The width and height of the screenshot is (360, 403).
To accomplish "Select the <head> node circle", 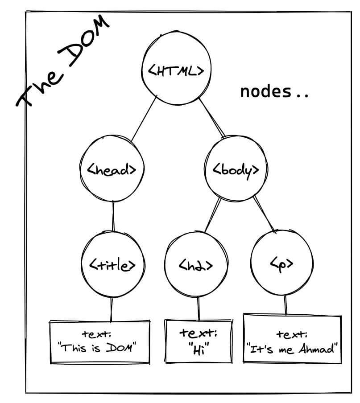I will click(112, 169).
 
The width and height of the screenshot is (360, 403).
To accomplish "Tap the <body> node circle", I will click(236, 170).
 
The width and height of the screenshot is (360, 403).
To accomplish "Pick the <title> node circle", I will click(112, 265).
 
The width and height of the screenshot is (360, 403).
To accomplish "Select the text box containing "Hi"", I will click(199, 341).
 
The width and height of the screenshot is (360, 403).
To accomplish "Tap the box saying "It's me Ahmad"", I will click(292, 341).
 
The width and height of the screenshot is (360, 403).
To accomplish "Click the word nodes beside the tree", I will click(265, 92).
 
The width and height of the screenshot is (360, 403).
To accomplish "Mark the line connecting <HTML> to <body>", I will click(212, 119).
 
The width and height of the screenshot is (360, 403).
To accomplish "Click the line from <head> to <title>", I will click(113, 216).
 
